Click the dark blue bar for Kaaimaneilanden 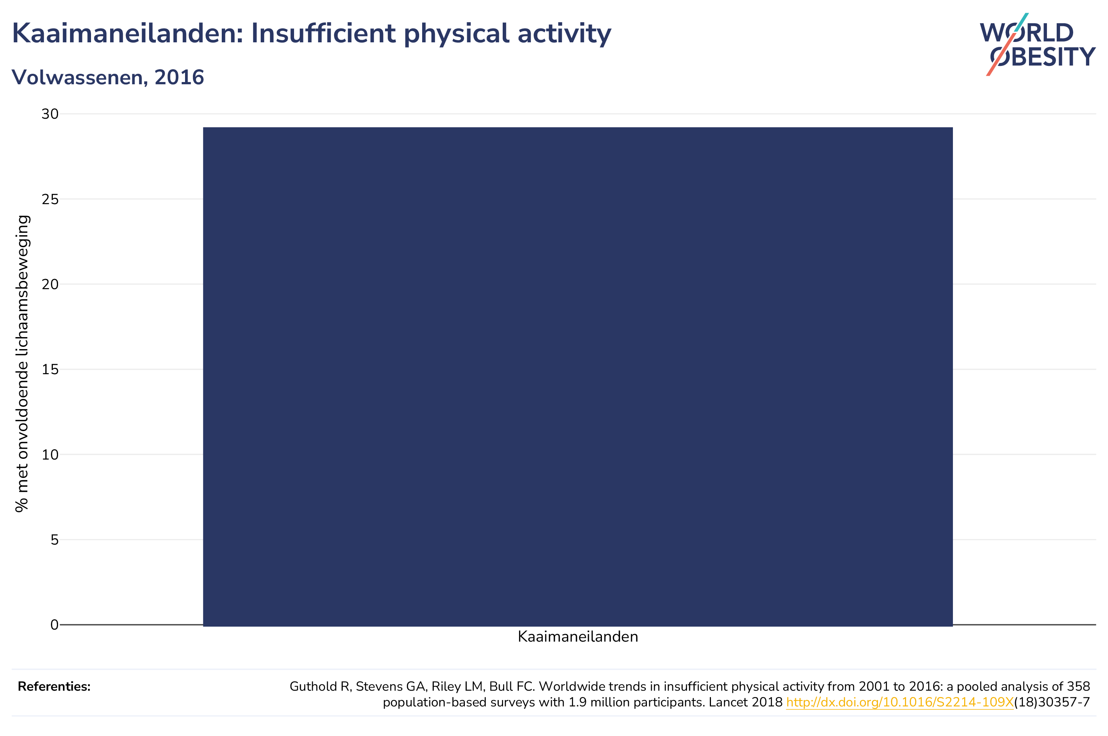pyautogui.click(x=577, y=376)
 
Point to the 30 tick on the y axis pyautogui.click(x=50, y=114)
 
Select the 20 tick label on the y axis pyautogui.click(x=50, y=284)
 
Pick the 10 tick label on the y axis pyautogui.click(x=50, y=455)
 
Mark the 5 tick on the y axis pyautogui.click(x=55, y=540)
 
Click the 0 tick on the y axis pyautogui.click(x=55, y=625)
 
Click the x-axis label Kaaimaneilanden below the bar pyautogui.click(x=578, y=637)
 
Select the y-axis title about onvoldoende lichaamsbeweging pyautogui.click(x=22, y=364)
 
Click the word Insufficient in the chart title pyautogui.click(x=323, y=33)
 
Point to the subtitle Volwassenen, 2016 pyautogui.click(x=108, y=78)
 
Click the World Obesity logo pyautogui.click(x=1037, y=45)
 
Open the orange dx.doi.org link pyautogui.click(x=900, y=702)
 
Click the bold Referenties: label pyautogui.click(x=54, y=686)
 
